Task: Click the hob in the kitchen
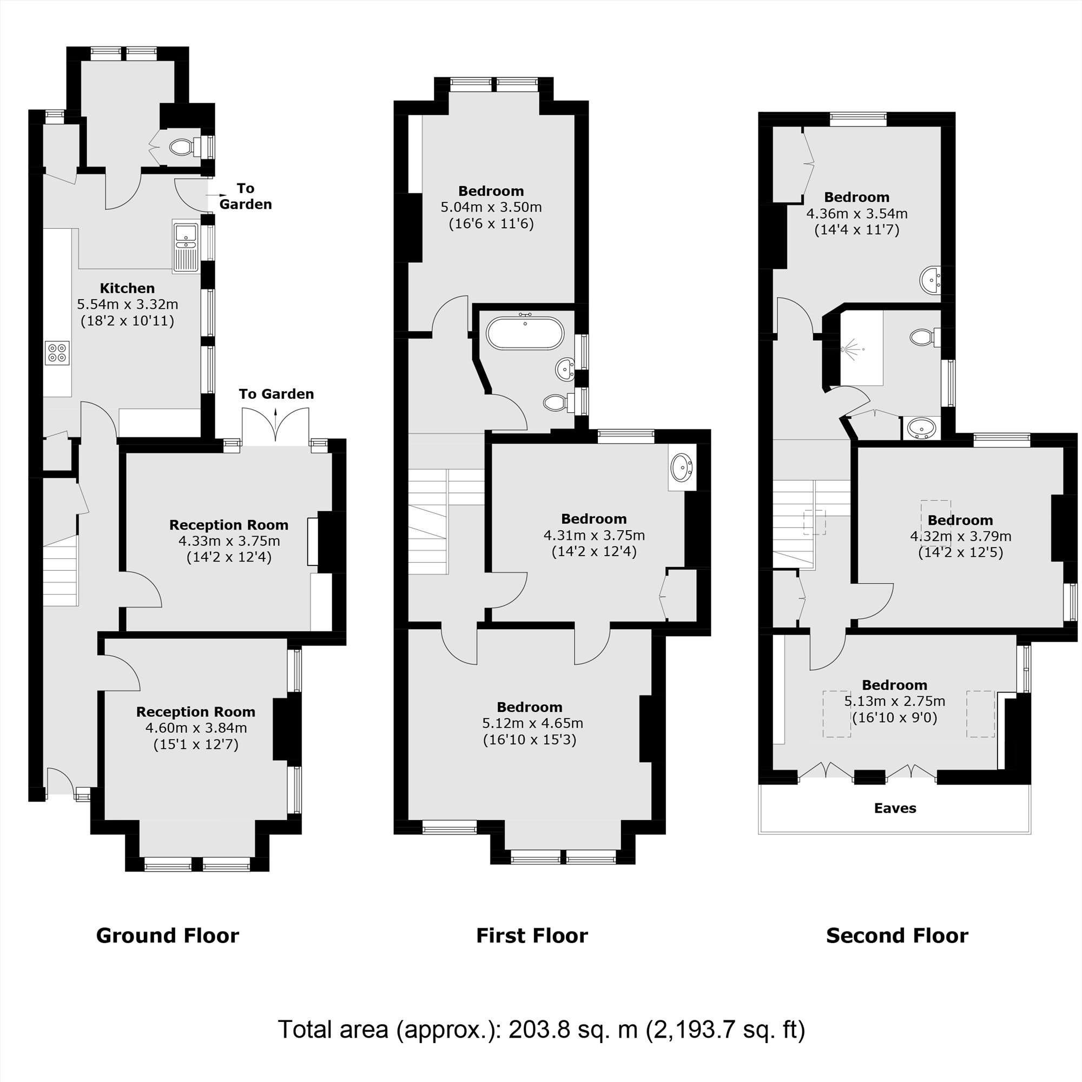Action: pos(57,353)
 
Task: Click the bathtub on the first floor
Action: pos(525,334)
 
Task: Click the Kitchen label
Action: pos(127,288)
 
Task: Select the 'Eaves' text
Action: pos(895,808)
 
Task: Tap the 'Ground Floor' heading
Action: pos(168,936)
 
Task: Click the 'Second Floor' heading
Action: pos(896,936)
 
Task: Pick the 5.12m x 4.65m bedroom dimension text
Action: pos(532,723)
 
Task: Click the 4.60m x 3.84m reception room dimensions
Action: pos(196,728)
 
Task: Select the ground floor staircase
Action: pos(61,571)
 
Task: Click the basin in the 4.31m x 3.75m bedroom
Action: pos(682,467)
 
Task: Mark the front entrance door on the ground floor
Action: pos(60,782)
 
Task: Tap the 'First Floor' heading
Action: pos(531,936)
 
